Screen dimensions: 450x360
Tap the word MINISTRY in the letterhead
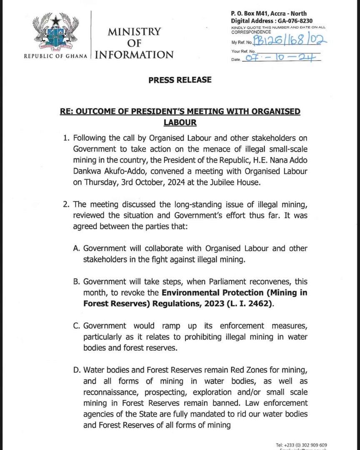coord(134,32)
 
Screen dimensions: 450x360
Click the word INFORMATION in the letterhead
coord(134,55)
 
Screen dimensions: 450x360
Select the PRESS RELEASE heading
coord(180,80)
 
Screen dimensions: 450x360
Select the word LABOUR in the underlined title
coord(180,122)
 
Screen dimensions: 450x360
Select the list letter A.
coord(76,249)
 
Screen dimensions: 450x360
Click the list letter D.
coord(76,370)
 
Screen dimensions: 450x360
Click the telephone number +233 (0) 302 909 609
coord(302,445)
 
